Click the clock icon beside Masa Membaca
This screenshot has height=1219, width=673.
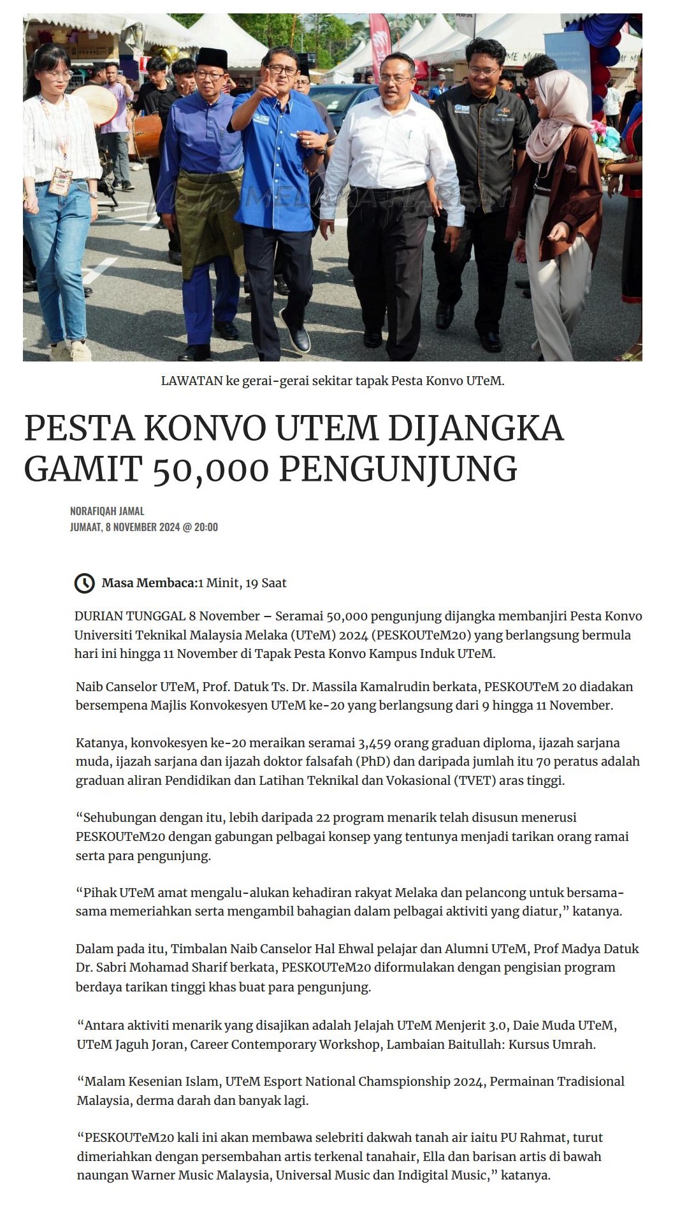tap(85, 583)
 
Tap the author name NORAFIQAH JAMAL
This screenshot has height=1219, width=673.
tap(107, 511)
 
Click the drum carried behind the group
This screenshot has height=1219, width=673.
tap(147, 134)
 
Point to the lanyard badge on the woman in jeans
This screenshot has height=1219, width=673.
tap(60, 180)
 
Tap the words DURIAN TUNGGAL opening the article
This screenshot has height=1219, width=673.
tap(129, 616)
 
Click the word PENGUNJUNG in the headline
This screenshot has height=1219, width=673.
tap(398, 469)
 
